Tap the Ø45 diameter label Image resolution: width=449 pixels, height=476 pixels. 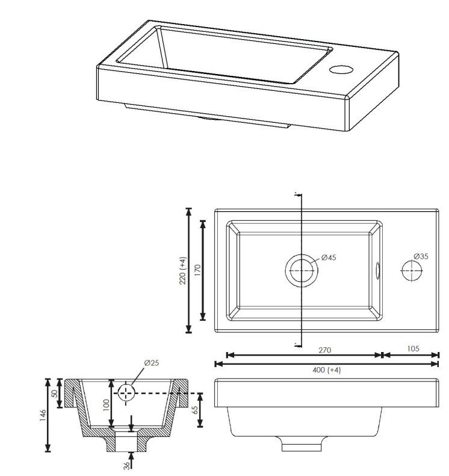click(x=329, y=258)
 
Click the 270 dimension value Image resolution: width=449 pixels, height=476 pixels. click(x=324, y=349)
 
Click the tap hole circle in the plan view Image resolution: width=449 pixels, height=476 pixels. click(x=412, y=270)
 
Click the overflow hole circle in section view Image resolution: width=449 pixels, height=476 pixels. click(x=126, y=393)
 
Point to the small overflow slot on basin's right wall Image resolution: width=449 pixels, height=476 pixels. click(x=377, y=270)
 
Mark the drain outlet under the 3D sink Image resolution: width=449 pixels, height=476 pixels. click(x=208, y=118)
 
